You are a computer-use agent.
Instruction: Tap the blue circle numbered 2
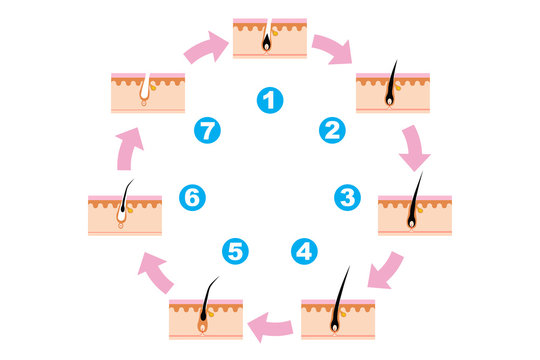click(x=332, y=129)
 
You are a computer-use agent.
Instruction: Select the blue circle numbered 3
click(x=347, y=196)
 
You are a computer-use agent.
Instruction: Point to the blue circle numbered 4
click(x=304, y=251)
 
